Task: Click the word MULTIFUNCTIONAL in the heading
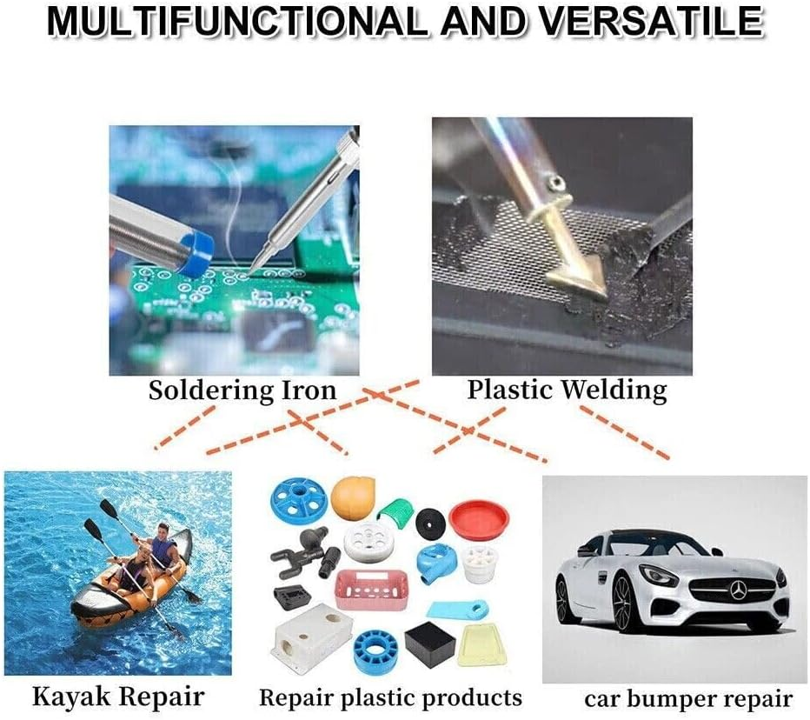[237, 22]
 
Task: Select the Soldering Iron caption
[242, 390]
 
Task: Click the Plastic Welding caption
[567, 389]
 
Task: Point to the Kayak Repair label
[118, 696]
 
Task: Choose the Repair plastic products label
[390, 697]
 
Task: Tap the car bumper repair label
[687, 698]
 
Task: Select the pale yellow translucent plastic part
[485, 641]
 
